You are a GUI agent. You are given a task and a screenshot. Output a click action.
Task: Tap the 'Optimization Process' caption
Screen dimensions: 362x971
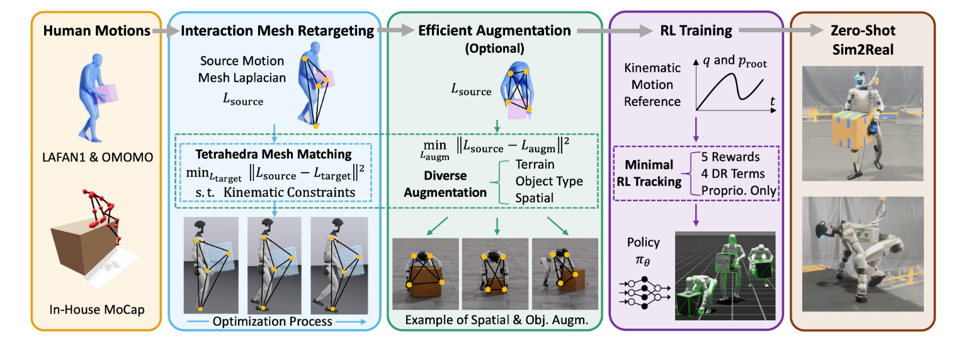(271, 321)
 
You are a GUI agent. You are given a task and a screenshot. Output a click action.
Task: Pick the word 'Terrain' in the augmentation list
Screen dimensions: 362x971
(535, 165)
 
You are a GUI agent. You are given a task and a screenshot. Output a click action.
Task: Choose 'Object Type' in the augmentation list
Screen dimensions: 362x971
(549, 182)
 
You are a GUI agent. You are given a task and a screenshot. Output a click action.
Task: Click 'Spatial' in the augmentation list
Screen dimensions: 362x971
(535, 197)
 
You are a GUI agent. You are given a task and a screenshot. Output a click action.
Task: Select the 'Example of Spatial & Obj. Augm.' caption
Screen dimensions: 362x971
(496, 320)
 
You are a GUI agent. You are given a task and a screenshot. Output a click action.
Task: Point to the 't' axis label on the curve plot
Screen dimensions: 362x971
(772, 102)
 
